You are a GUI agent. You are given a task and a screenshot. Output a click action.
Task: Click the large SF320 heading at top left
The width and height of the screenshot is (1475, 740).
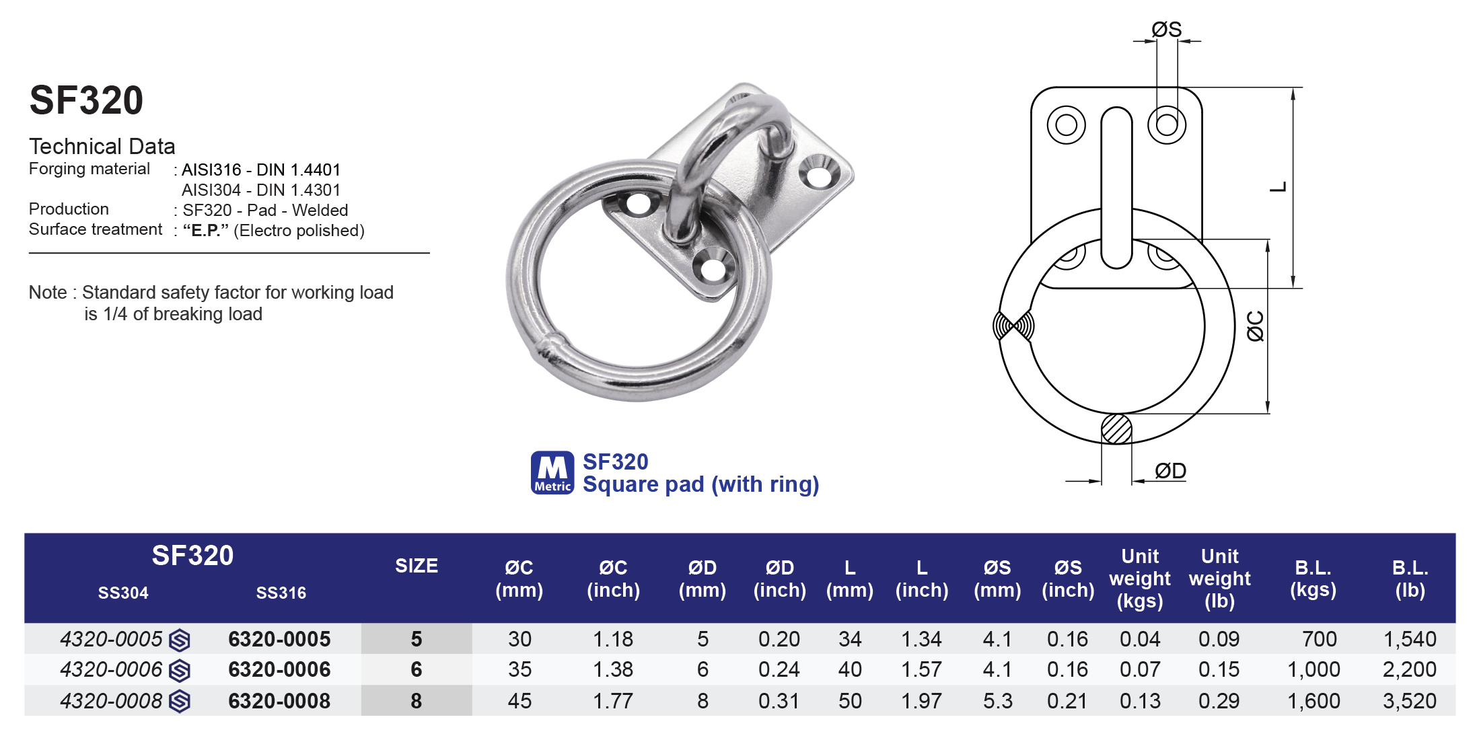[86, 101]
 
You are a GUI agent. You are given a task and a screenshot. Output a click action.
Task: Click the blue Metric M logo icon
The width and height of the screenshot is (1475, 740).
[552, 472]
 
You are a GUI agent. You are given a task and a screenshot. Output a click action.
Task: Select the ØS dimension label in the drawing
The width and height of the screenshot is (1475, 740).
[1166, 30]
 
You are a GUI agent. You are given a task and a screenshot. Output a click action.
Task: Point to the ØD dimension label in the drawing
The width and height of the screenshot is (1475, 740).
[1170, 471]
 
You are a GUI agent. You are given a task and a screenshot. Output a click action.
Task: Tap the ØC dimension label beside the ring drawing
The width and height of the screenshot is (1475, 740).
[1255, 326]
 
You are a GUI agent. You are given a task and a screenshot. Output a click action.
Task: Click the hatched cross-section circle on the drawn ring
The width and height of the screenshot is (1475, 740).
[1116, 429]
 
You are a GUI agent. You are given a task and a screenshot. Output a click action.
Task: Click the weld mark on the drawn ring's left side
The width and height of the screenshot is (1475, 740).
[1013, 326]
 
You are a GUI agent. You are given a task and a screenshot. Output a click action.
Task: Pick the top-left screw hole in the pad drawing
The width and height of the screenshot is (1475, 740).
[1066, 125]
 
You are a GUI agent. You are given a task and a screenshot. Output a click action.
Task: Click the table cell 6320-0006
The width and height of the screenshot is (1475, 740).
[279, 670]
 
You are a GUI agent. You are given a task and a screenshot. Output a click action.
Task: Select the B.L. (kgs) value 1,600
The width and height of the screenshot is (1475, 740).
[1314, 701]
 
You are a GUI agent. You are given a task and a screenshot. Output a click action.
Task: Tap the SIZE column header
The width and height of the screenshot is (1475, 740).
[416, 566]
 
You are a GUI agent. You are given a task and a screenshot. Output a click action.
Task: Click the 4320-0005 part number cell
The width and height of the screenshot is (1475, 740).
[112, 639]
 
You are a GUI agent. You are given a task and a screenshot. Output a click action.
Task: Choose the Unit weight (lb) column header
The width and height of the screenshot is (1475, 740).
[1219, 579]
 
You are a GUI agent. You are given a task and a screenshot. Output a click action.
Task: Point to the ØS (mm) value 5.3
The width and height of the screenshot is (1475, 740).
[997, 701]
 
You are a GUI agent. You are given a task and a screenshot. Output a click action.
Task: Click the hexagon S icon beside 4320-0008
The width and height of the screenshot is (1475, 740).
[180, 702]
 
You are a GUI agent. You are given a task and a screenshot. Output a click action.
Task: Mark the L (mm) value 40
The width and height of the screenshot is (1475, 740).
[850, 670]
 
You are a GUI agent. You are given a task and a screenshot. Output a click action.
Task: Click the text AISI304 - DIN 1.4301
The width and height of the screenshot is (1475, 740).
[261, 190]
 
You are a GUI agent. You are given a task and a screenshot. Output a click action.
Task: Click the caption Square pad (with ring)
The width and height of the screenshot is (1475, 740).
[700, 484]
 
